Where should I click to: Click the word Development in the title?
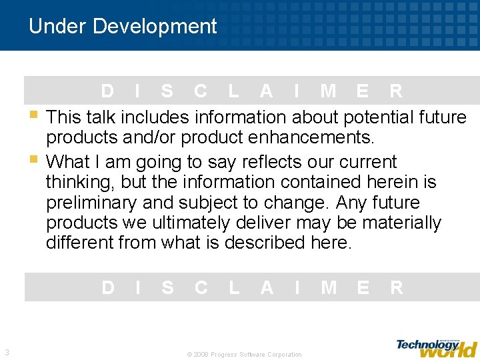[x=155, y=27]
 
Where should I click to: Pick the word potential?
[x=379, y=117]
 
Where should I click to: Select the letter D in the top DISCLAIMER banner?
[x=107, y=91]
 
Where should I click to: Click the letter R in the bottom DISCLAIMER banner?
[x=397, y=287]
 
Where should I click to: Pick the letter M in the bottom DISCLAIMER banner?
[x=328, y=287]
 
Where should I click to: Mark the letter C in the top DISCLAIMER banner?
[x=200, y=91]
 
